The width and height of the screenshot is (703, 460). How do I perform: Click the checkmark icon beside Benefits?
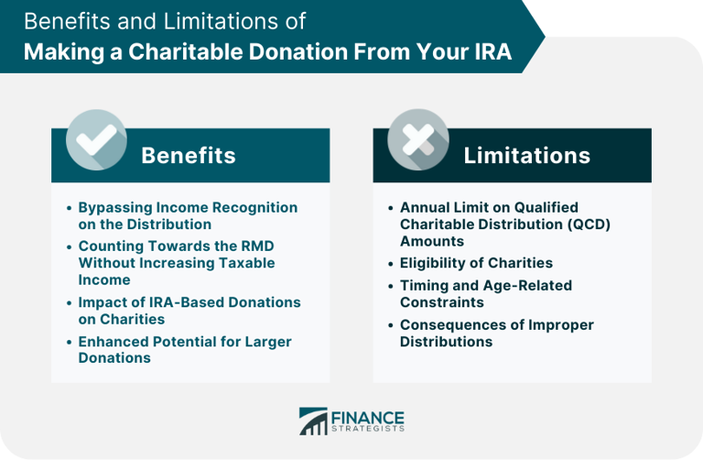point(96,139)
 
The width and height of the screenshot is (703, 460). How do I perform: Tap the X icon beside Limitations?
point(417,139)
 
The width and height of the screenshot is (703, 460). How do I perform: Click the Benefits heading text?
point(188,156)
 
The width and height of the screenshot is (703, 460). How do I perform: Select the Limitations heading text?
point(526,156)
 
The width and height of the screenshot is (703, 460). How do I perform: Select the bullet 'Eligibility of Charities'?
point(476,263)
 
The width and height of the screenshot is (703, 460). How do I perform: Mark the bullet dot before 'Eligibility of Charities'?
point(390,264)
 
